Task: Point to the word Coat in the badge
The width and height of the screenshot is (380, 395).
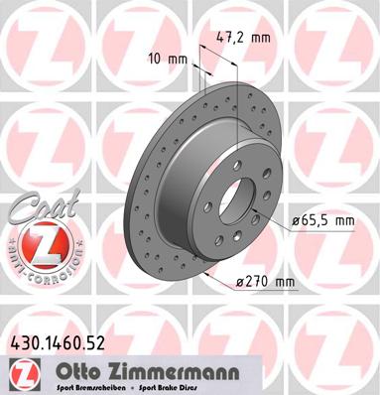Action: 35,206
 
